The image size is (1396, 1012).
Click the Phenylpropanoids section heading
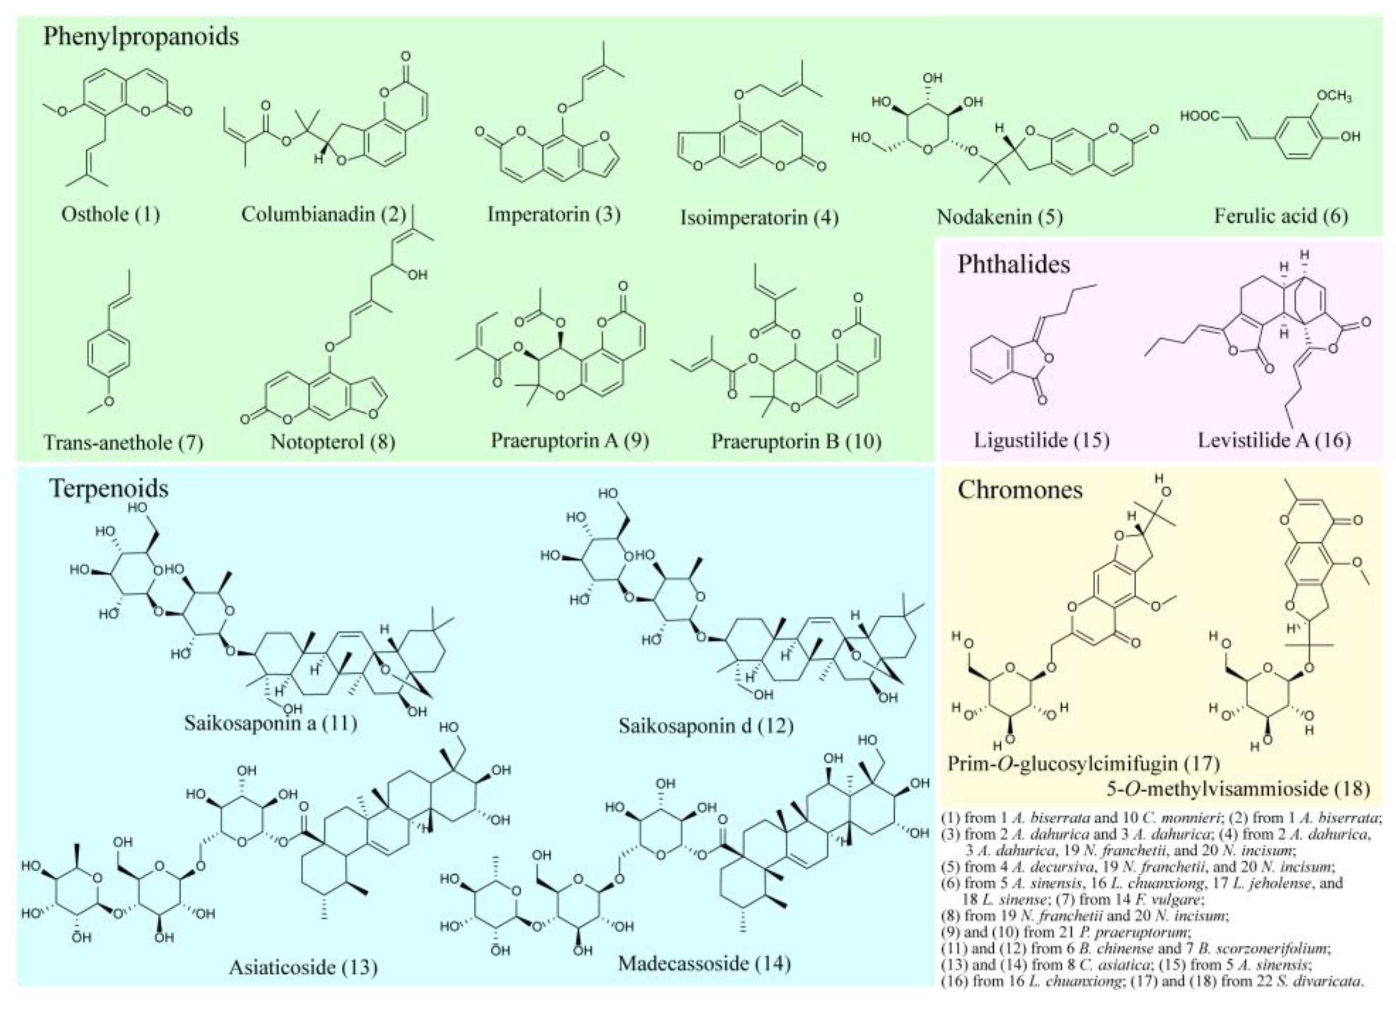[x=141, y=37]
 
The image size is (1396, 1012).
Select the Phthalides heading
[x=1013, y=265]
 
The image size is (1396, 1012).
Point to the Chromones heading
[x=1020, y=490]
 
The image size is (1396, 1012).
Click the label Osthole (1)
[x=111, y=215]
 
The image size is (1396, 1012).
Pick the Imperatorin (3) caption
[x=554, y=215]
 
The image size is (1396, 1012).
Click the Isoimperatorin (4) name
[x=759, y=217]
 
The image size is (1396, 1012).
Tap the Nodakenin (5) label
[x=999, y=217]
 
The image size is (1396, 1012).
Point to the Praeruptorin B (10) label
[x=796, y=441]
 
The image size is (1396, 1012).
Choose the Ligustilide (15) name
[x=1041, y=441]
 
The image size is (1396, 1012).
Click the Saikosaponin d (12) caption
[x=706, y=726]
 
